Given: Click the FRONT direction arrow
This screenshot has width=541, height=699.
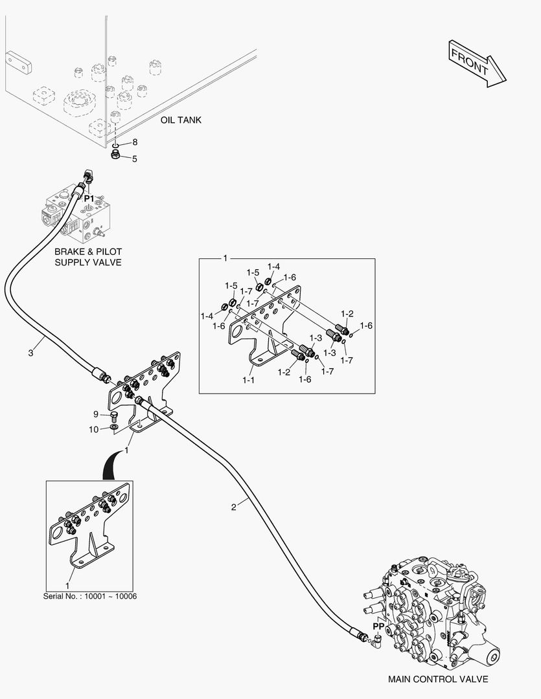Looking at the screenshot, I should [x=476, y=63].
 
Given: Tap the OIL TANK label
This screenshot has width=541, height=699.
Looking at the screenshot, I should [x=181, y=120].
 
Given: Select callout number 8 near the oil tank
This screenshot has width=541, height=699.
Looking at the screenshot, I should [x=135, y=142].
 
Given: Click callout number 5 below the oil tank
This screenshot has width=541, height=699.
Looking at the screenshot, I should [x=135, y=158].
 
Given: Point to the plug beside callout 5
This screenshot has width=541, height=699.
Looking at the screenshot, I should [x=115, y=157].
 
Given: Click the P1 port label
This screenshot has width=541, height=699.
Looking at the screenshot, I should [x=89, y=197].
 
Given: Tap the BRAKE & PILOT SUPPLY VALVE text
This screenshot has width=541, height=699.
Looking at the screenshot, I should [x=88, y=256].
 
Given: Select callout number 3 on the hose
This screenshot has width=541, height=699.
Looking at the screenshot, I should [x=30, y=353].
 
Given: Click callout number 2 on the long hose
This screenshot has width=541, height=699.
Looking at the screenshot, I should [x=234, y=507].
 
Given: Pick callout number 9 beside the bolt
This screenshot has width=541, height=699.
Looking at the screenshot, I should [x=95, y=414].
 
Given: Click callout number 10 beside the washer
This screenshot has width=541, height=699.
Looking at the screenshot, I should [x=93, y=428].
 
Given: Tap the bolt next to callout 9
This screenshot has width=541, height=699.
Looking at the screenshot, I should [x=114, y=415].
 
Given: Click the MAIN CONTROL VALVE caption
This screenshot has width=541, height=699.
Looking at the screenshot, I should [x=438, y=679].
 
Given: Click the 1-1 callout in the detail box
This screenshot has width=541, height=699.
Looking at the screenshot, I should [x=248, y=380].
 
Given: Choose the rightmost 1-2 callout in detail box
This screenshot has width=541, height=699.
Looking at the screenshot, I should [x=348, y=314].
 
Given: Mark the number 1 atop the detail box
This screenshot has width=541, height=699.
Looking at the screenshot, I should [x=225, y=259].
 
